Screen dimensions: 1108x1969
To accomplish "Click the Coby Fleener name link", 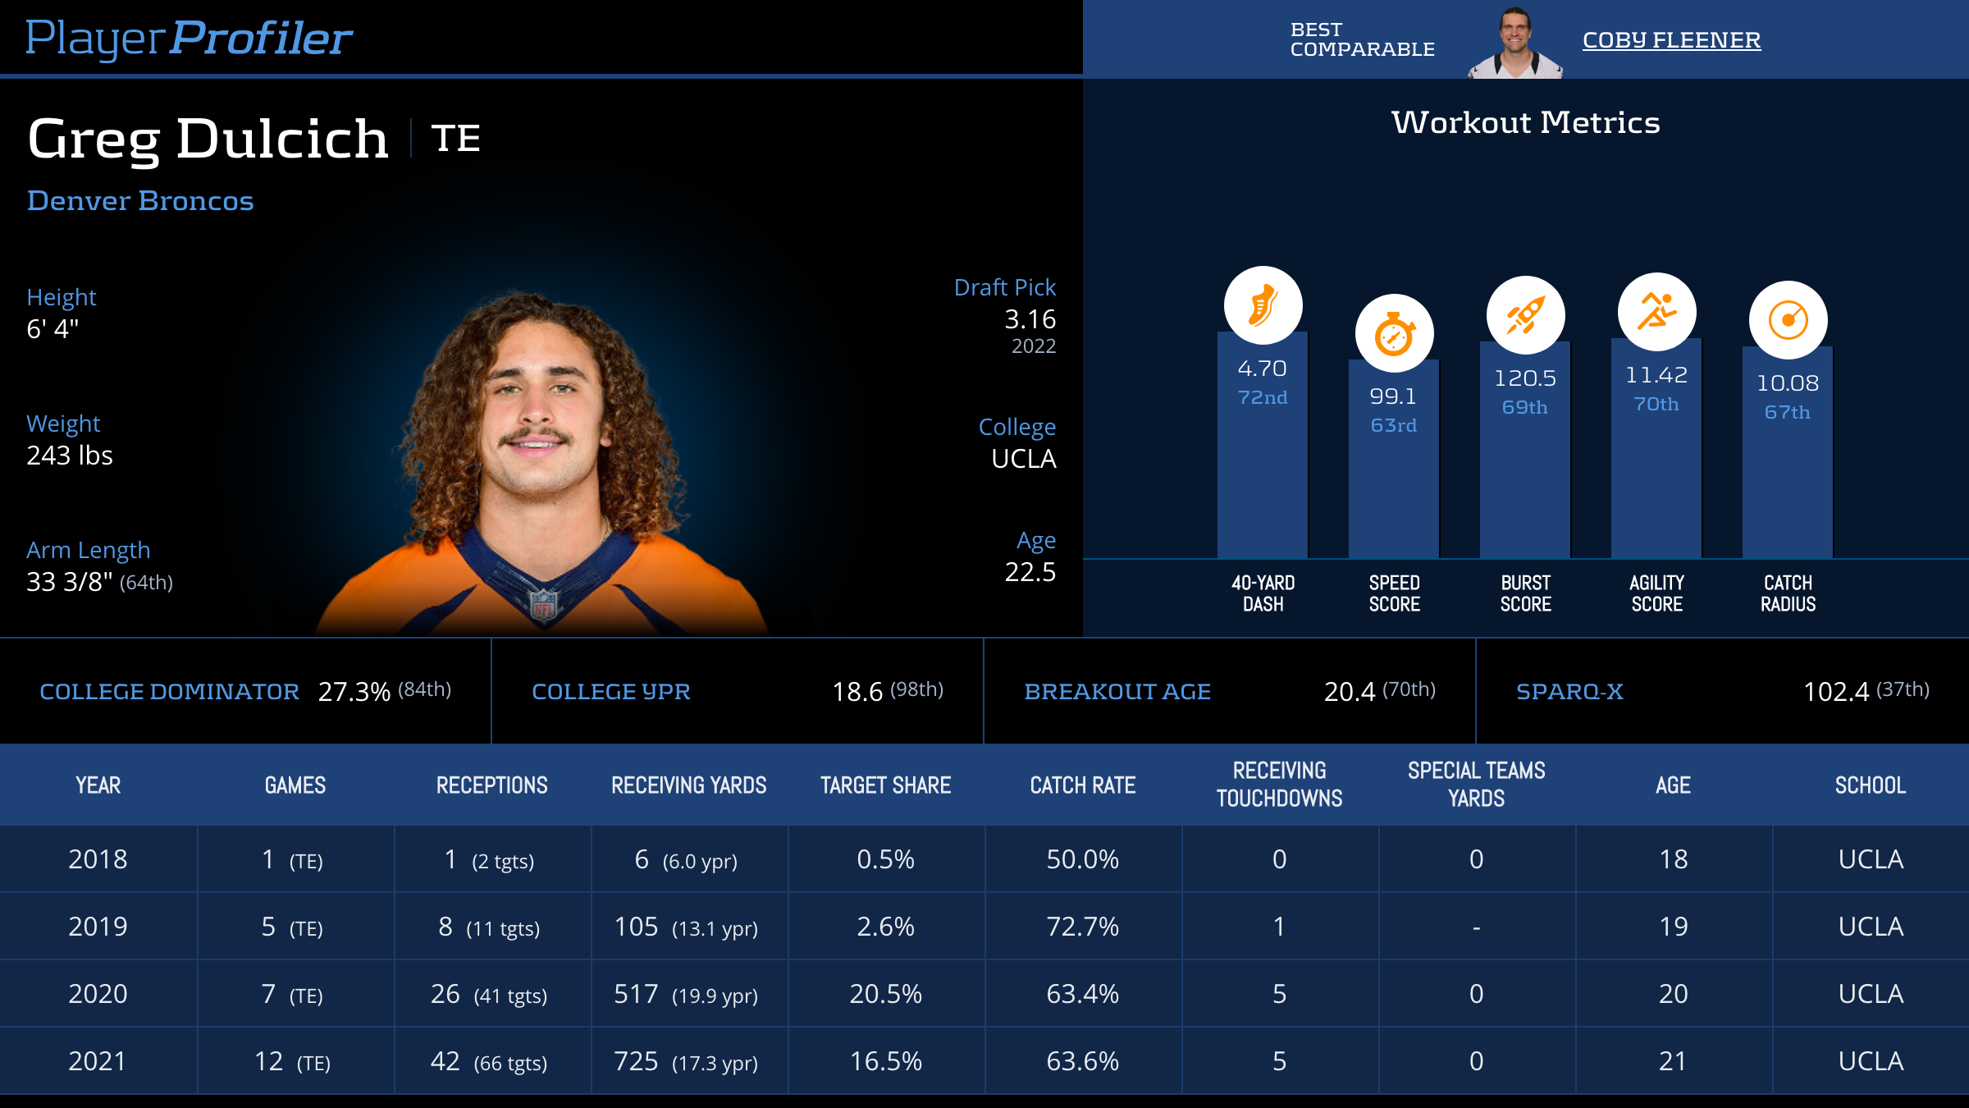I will tap(1671, 40).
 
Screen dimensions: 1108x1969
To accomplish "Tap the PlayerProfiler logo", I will tap(189, 39).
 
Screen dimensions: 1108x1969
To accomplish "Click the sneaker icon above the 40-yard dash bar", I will tap(1263, 305).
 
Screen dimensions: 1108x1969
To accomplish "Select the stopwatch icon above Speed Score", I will tap(1394, 333).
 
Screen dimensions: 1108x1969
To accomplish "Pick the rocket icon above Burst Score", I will tap(1525, 315).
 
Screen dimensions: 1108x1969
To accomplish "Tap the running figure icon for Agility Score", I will tap(1656, 312).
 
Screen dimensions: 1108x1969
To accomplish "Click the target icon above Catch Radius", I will tap(1788, 320).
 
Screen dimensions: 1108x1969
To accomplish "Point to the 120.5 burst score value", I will tap(1525, 378).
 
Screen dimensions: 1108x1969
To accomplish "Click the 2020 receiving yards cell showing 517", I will tap(637, 994).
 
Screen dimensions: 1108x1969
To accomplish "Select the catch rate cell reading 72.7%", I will tap(1082, 927).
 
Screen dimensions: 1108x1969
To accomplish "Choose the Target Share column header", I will tap(885, 785).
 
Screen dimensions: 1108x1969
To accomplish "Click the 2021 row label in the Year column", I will tap(98, 1061).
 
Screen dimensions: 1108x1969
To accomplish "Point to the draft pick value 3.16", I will tap(1030, 319).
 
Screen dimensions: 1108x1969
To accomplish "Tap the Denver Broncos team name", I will tap(140, 201).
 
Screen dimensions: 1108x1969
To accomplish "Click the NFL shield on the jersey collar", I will tap(544, 605).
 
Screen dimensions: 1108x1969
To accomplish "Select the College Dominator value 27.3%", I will tap(354, 692).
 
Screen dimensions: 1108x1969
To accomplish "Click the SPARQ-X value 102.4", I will tap(1835, 692).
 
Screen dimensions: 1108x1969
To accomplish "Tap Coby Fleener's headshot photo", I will tap(1514, 43).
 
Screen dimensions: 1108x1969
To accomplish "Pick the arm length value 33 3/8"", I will tap(70, 582).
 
